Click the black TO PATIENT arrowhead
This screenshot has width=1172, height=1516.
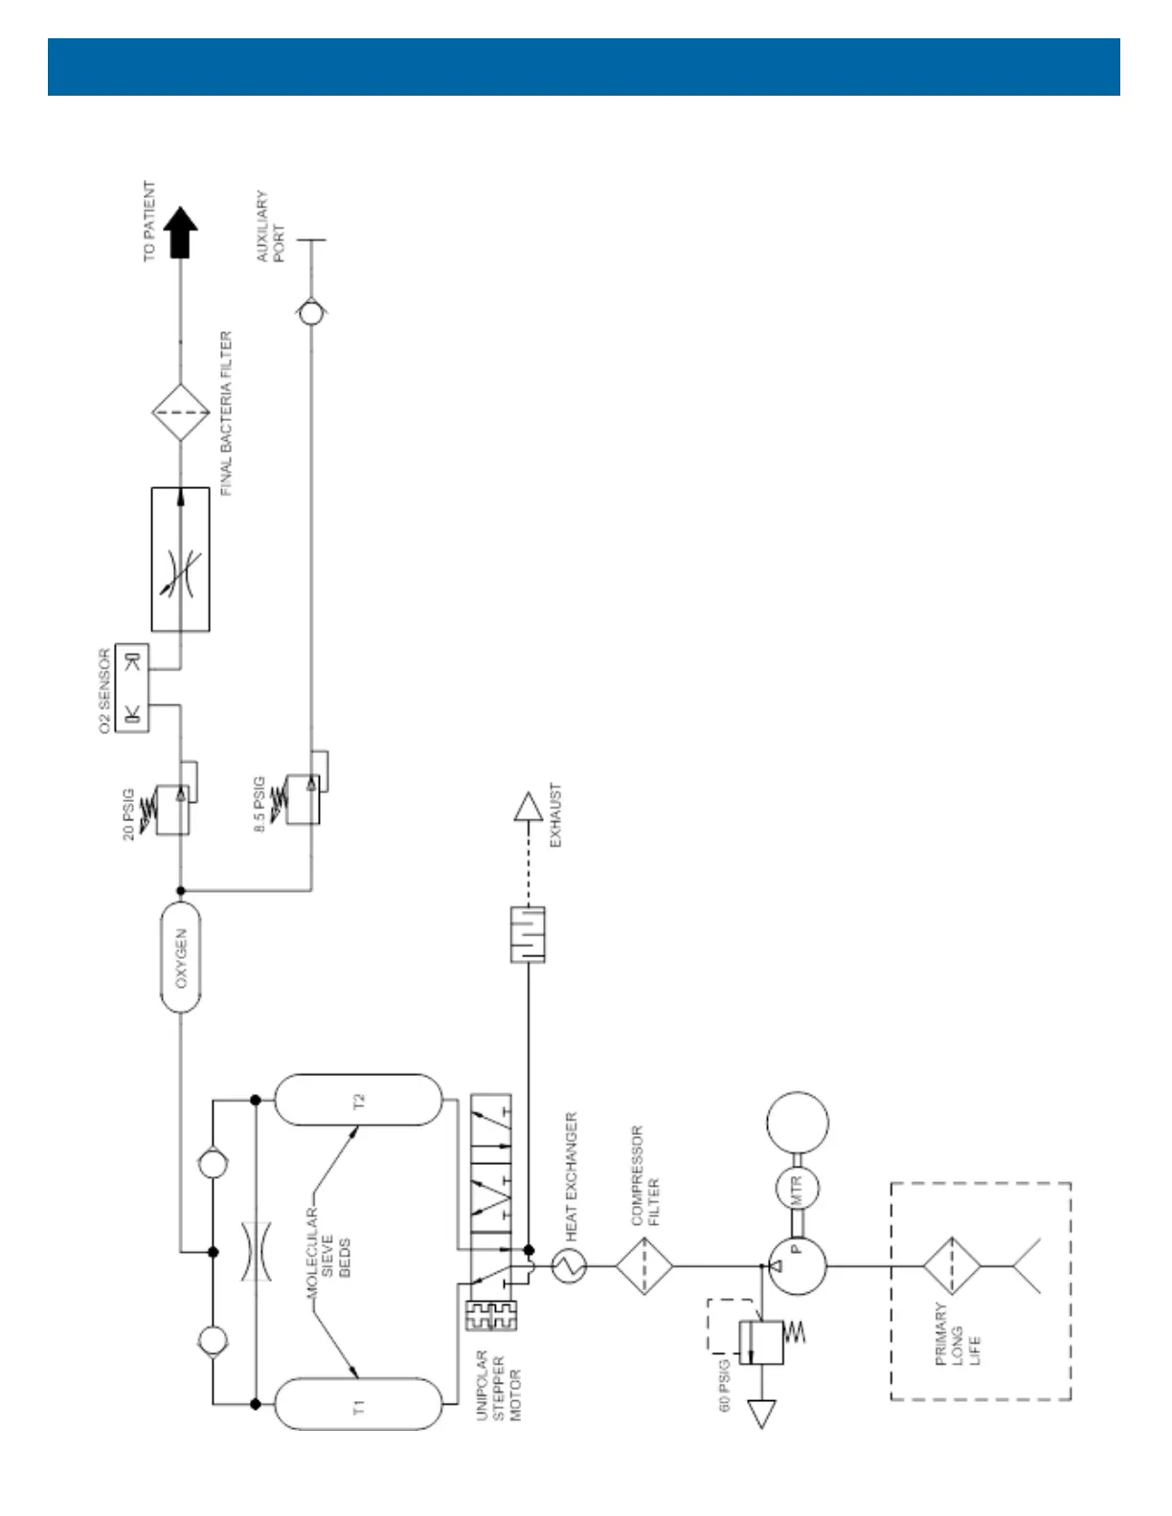click(x=179, y=234)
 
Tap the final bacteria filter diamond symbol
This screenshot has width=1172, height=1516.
click(x=180, y=413)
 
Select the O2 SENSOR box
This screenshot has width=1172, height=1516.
click(x=132, y=688)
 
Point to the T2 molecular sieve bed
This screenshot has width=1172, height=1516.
click(x=359, y=1100)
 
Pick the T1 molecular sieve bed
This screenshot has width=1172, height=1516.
click(x=359, y=1404)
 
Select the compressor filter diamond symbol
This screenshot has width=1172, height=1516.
click(x=644, y=1265)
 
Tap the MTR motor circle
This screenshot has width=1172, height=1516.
click(x=798, y=1188)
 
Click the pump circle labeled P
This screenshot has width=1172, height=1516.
click(x=798, y=1265)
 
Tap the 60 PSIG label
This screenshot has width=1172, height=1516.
click(x=725, y=1384)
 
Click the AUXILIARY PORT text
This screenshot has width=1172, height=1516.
click(x=270, y=226)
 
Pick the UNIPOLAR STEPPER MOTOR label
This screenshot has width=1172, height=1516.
click(x=498, y=1385)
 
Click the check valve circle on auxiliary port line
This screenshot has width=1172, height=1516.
click(x=309, y=312)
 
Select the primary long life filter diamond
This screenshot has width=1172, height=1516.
click(x=951, y=1265)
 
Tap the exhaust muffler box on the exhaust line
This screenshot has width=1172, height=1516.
click(x=528, y=934)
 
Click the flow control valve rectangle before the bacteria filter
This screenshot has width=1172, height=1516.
click(x=180, y=559)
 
